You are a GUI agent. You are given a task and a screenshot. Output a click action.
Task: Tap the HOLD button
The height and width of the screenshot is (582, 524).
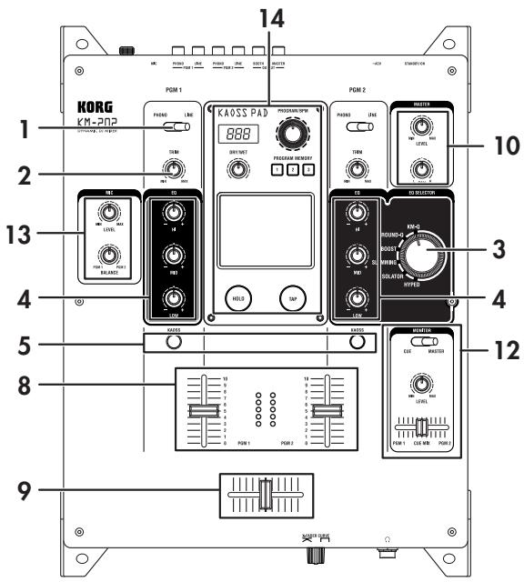point(238,296)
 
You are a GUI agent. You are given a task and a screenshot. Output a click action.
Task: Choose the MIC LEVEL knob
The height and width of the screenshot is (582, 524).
point(109,212)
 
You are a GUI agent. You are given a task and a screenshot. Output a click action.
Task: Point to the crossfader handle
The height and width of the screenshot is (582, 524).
point(263,495)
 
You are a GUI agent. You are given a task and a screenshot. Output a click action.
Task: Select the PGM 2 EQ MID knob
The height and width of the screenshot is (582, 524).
point(357,256)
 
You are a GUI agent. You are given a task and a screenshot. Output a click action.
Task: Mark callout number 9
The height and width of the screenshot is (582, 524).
point(25,494)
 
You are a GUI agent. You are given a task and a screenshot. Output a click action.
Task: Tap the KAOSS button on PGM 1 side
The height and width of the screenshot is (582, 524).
point(173,342)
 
